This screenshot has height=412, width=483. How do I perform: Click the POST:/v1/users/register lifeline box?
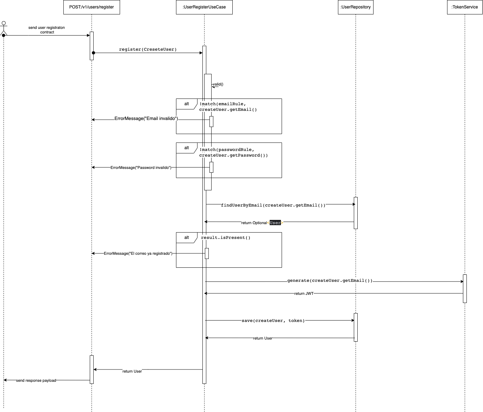point(92,7)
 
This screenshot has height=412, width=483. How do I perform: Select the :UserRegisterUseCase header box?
point(204,7)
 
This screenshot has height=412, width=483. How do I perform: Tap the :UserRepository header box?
point(356,7)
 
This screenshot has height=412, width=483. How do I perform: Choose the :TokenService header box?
point(465,7)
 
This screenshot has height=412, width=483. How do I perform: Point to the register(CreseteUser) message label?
point(148,50)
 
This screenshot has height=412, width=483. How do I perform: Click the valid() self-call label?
point(218,84)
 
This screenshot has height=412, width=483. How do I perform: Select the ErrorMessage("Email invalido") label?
point(146,119)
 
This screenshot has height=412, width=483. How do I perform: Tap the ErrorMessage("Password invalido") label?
point(141,168)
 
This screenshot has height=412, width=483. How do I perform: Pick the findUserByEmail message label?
point(273,205)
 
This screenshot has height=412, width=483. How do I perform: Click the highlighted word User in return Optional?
point(275,223)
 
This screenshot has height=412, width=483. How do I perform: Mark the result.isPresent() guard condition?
point(226,238)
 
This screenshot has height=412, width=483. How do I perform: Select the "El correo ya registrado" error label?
point(138,254)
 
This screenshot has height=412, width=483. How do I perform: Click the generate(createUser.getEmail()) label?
point(330,281)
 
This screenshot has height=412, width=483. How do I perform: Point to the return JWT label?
point(304,293)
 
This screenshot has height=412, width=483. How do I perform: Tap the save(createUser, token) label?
point(273,321)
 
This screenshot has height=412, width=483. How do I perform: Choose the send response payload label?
point(36,381)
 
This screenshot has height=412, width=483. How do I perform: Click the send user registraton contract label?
point(47,30)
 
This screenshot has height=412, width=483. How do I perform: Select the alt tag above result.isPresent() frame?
point(187,237)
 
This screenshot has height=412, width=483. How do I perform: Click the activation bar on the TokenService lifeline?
point(465,289)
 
